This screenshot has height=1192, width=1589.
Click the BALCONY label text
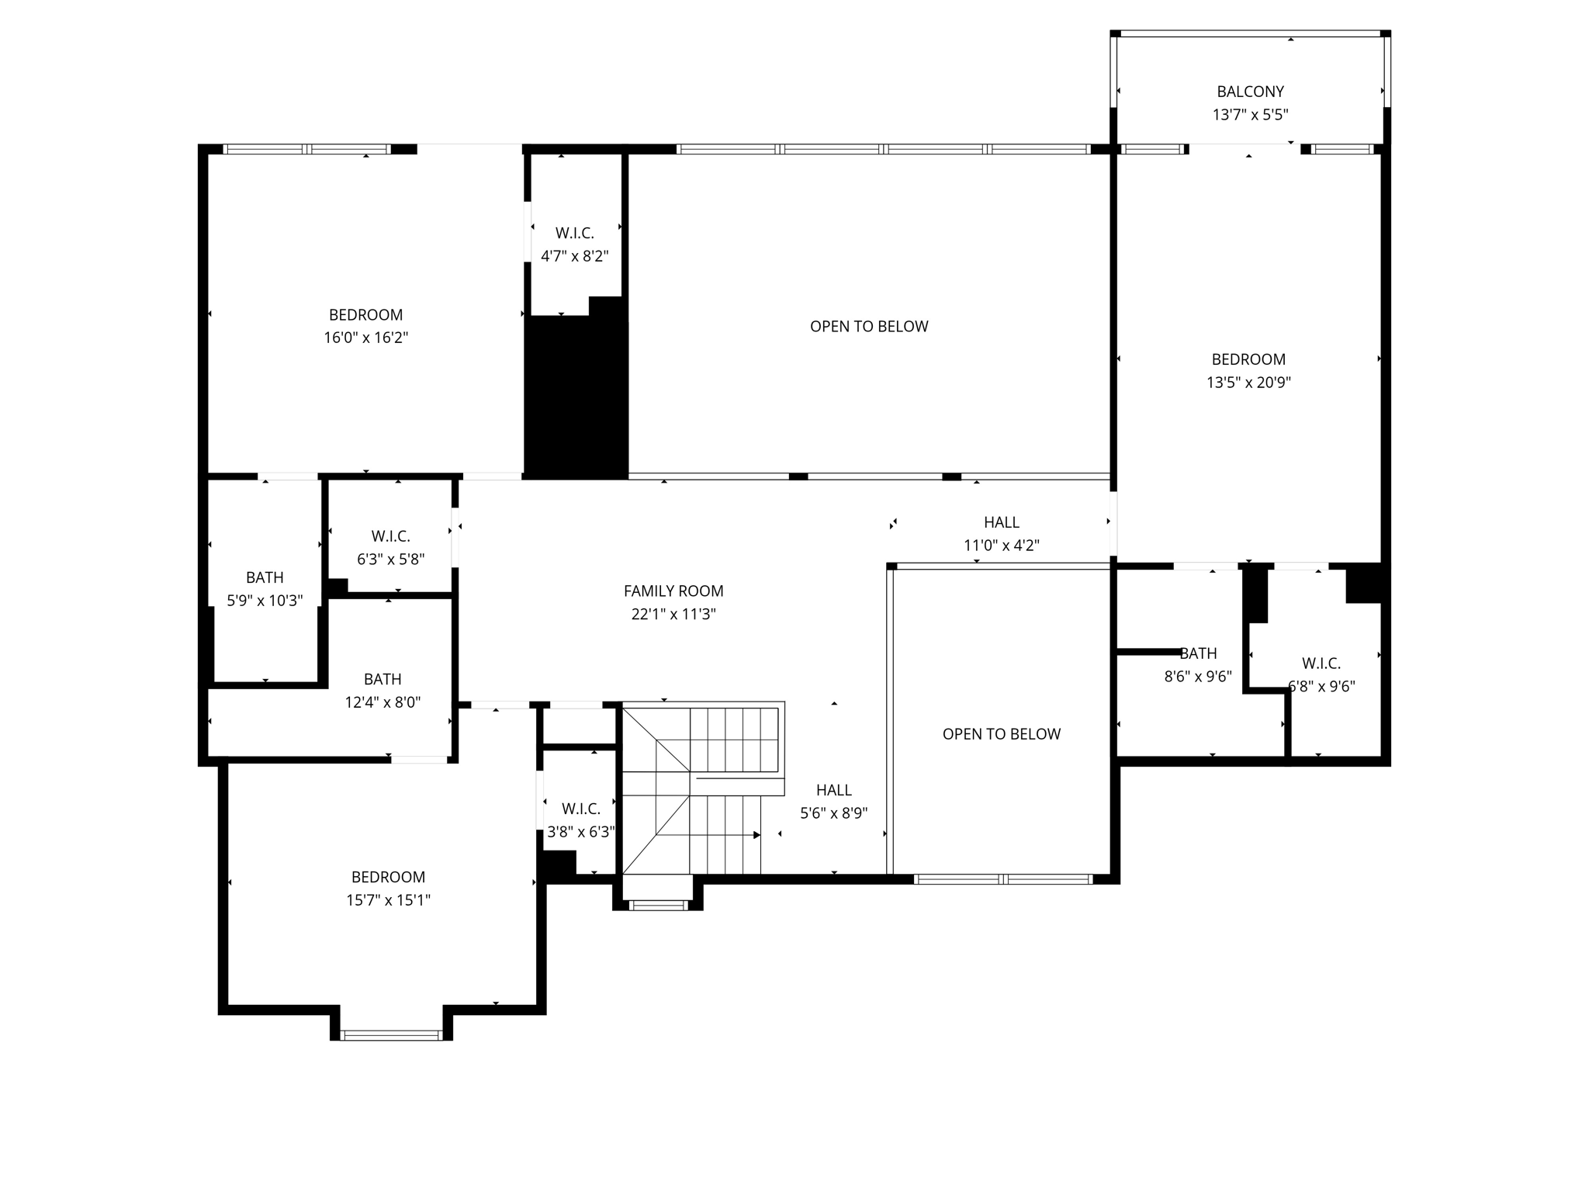[1250, 92]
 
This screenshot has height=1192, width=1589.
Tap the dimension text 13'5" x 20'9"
[1248, 383]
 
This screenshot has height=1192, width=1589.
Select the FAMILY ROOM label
[673, 591]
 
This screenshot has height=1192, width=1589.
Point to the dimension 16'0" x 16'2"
[365, 338]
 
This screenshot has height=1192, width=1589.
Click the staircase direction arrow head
[756, 835]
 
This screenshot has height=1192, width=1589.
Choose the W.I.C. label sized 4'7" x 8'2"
[574, 233]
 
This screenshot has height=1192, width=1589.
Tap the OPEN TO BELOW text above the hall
[869, 327]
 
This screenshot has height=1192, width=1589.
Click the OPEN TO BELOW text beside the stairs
[1001, 734]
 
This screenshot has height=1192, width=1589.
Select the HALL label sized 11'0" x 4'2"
[1001, 522]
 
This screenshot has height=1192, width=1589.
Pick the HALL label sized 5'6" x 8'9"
[833, 790]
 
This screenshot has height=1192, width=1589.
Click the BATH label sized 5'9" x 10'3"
[265, 577]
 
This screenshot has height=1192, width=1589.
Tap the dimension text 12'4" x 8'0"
[383, 702]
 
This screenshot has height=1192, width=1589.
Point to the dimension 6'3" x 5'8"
[390, 560]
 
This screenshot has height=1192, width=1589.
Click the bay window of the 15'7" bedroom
[391, 1034]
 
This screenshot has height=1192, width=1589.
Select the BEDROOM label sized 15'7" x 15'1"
[388, 877]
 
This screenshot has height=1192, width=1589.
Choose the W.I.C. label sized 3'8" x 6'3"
[580, 809]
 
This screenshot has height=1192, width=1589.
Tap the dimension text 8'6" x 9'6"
[1197, 677]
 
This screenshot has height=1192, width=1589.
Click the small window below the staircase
[657, 904]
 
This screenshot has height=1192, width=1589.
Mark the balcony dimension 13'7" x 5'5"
[1250, 115]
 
